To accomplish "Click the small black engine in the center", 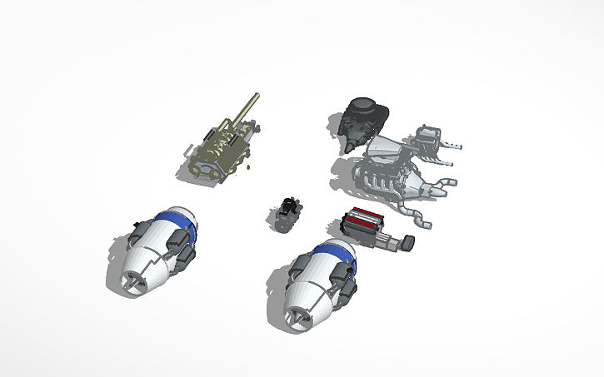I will pos(286,215).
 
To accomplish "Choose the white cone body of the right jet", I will pos(310,296).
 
